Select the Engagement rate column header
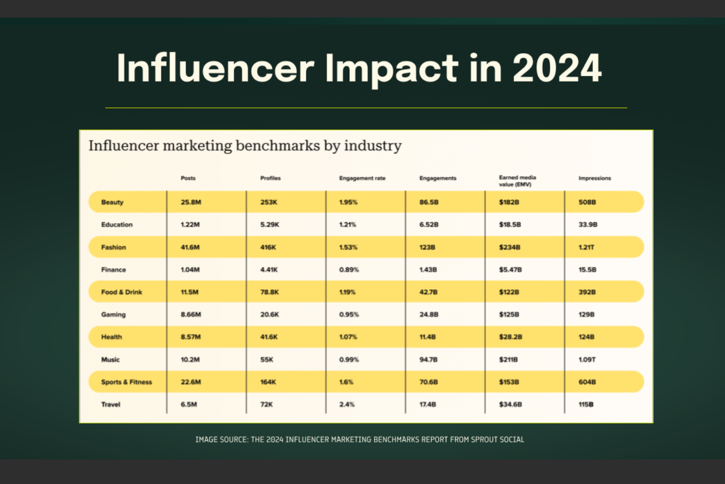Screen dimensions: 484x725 [x=362, y=178]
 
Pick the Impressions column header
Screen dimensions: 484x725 [x=595, y=178]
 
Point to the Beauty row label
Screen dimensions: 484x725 [x=112, y=202]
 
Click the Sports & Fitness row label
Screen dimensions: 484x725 [x=127, y=382]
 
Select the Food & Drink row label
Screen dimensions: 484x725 [x=122, y=292]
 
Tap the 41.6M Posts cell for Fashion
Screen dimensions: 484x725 [x=191, y=247]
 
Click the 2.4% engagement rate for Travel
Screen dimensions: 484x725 [x=347, y=404]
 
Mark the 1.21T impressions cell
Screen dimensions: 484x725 [x=587, y=247]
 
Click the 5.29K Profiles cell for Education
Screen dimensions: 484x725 [x=269, y=224]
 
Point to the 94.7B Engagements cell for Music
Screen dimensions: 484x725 [x=428, y=359]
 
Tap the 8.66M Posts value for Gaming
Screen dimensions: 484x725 [x=192, y=315]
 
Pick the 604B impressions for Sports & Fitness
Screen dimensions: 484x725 [x=588, y=382]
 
